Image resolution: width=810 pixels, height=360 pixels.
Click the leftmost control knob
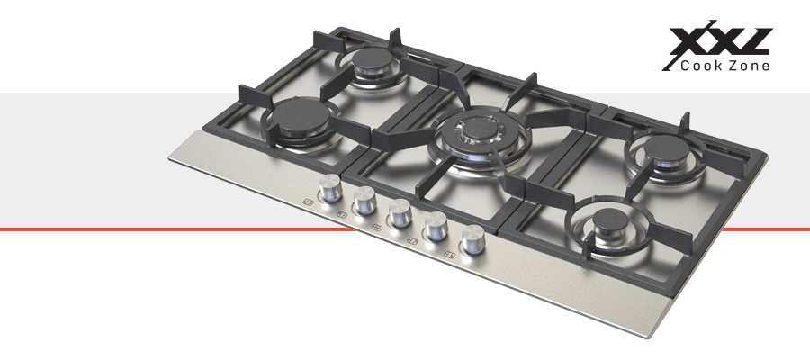330,187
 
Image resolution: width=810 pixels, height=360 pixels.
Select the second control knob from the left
364,200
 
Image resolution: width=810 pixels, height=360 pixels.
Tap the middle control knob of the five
400,212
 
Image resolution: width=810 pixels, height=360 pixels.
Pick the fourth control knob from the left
436,226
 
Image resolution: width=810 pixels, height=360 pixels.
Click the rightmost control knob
473,239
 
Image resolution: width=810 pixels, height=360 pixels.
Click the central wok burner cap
481,128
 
